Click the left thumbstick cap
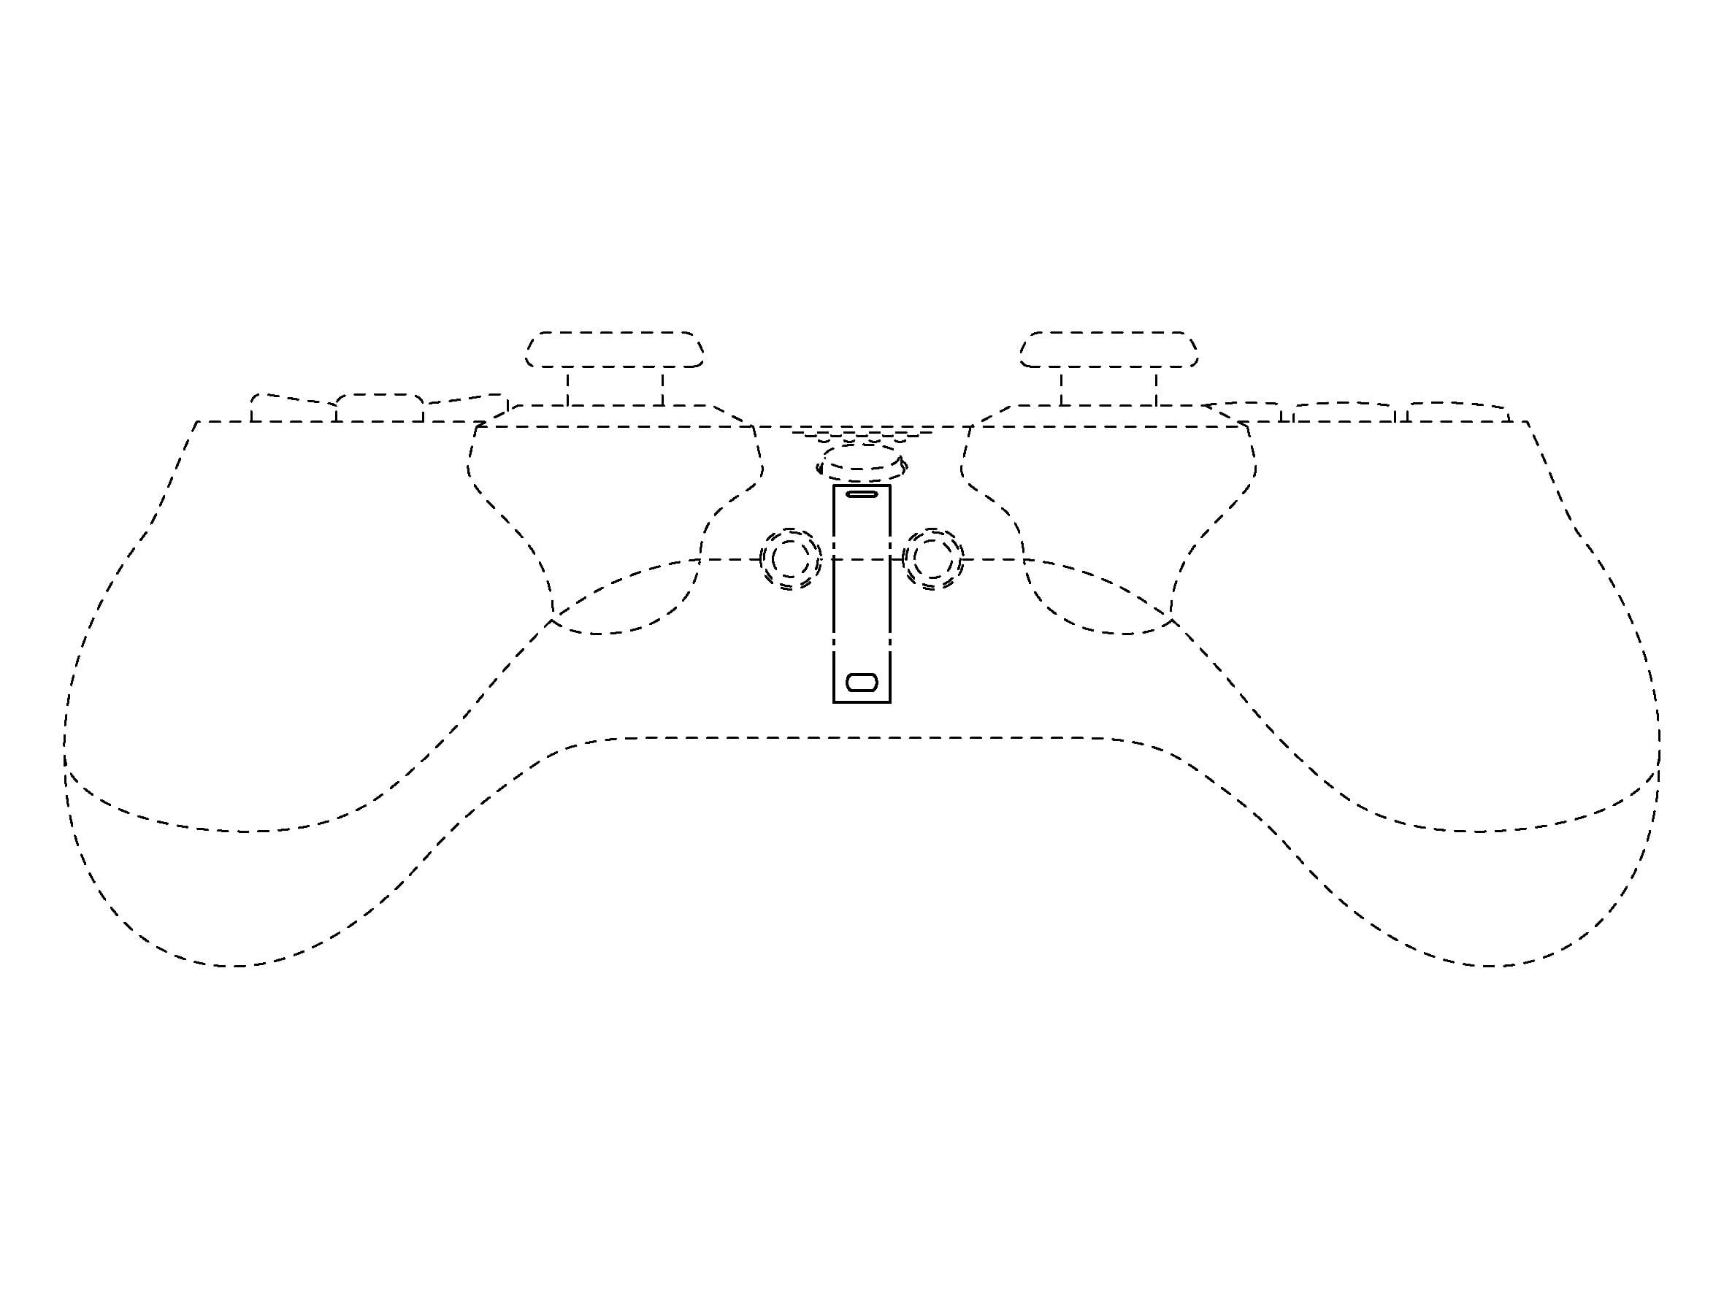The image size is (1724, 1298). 614,350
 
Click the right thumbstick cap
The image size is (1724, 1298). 1108,350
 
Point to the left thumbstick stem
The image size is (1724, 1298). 615,387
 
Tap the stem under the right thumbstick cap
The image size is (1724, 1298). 1108,387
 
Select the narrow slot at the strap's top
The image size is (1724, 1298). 861,494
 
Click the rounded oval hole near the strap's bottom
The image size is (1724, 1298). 861,683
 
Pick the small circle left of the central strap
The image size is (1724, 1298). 790,558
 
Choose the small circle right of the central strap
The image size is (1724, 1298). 932,558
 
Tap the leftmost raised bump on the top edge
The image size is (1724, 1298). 292,410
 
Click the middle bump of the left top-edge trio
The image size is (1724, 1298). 380,408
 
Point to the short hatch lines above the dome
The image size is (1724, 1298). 862,435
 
